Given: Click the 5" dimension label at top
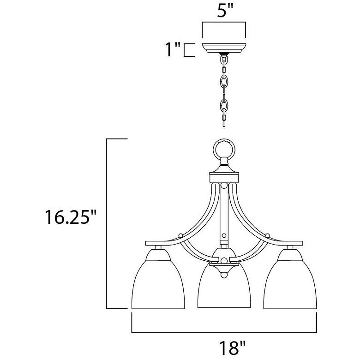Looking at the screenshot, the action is [225, 10].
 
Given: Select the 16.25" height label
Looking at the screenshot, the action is [71, 217].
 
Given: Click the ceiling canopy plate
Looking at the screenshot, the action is [224, 48].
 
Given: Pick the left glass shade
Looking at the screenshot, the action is [158, 285].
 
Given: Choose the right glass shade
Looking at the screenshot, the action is [290, 285].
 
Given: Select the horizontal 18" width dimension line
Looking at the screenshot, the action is [224, 332].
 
